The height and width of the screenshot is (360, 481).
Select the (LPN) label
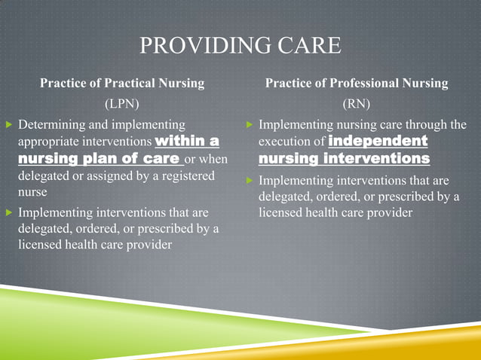coord(121,103)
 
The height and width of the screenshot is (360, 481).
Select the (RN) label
coord(357,103)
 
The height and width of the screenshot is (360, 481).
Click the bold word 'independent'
coord(378,141)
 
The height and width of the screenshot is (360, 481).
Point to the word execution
coord(284,142)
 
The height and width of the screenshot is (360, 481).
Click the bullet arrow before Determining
coord(8,124)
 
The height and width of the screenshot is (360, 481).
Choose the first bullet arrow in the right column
coord(250,124)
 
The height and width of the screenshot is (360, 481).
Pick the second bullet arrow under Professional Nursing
coord(250,181)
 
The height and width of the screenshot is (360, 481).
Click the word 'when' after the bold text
coord(214,159)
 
